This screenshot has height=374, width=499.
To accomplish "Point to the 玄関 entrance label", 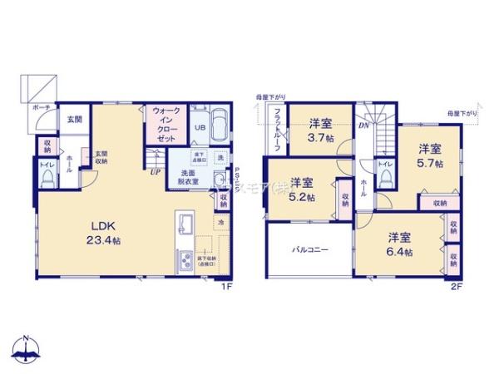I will (x=75, y=120).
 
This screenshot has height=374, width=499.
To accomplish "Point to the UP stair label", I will (x=155, y=173).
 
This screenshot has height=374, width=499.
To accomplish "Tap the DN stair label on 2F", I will (x=363, y=126).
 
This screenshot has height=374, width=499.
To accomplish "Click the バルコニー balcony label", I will (x=309, y=249).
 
